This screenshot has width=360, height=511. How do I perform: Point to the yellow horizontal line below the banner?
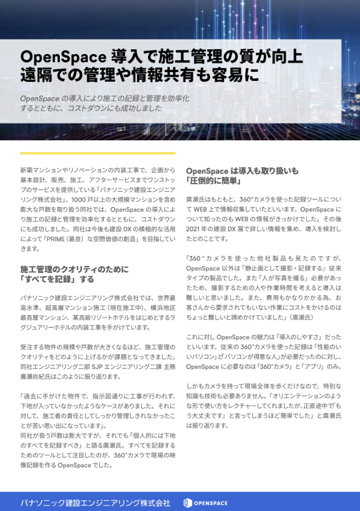click(x=98, y=153)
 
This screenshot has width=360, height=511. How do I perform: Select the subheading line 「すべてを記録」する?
click(x=57, y=279)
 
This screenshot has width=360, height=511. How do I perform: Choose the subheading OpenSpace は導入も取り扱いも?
click(x=242, y=171)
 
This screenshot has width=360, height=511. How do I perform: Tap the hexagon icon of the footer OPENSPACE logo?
click(x=188, y=503)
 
